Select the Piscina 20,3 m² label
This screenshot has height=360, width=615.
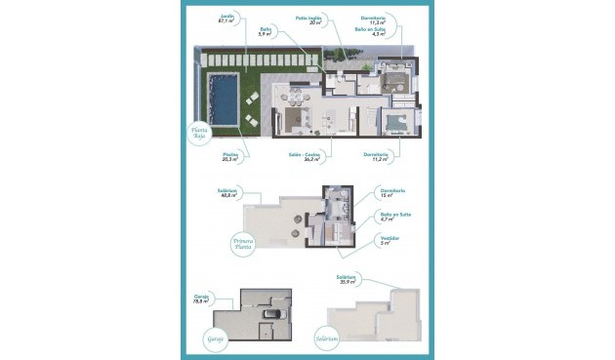click(230, 156)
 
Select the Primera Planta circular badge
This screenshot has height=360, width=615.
click(243, 243)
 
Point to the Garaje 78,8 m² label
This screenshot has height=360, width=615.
click(202, 300)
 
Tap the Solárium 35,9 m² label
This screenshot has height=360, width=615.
click(347, 279)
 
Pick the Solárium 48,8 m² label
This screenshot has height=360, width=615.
click(230, 193)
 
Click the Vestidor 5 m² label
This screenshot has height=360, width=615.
click(389, 240)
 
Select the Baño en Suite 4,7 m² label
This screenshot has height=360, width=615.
click(395, 216)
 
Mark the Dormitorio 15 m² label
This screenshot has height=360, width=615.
click(390, 192)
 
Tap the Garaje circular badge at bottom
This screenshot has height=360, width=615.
click(215, 339)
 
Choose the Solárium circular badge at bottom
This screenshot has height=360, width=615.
click(328, 340)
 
